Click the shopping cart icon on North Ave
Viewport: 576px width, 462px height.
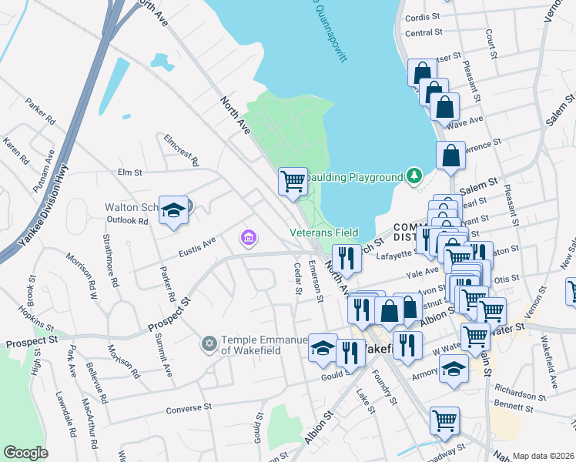pos(293,182)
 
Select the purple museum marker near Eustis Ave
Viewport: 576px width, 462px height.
pos(248,238)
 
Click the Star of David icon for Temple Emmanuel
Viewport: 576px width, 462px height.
pos(209,342)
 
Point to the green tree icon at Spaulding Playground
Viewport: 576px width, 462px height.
pos(414,176)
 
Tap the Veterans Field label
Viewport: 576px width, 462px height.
pos(323,232)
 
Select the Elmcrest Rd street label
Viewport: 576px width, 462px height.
pos(182,149)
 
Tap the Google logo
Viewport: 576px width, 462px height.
pos(25,453)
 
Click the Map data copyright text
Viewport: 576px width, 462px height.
pos(543,456)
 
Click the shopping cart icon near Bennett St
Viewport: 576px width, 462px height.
pos(444,420)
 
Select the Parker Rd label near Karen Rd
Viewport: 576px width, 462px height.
pos(41,111)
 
